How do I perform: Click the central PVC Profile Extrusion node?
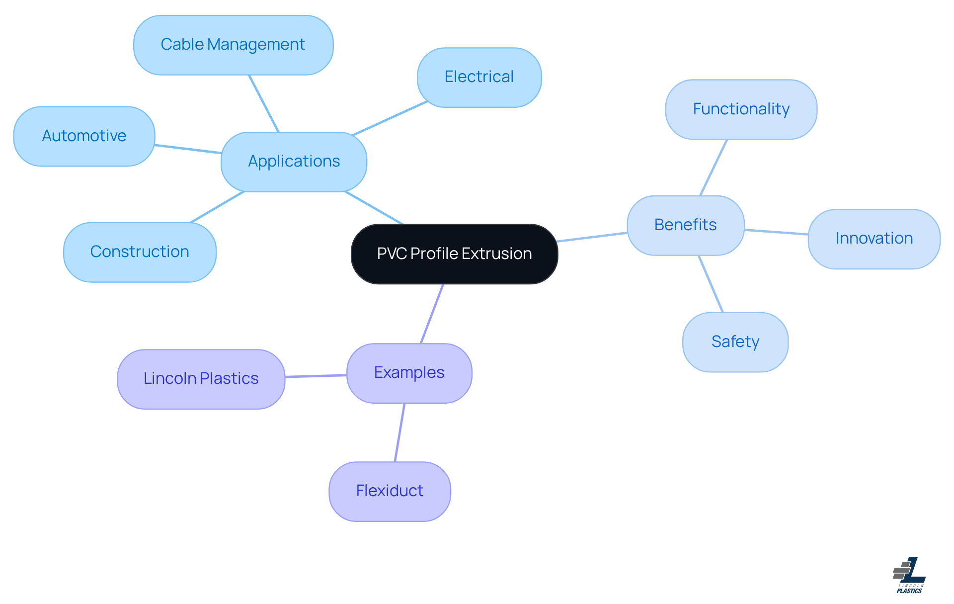point(454,254)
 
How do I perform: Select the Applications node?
point(294,162)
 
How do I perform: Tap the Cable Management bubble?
point(233,45)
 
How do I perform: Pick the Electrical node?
point(479,77)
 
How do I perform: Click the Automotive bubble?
point(84,136)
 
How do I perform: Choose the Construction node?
point(140,252)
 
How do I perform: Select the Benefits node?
point(685,225)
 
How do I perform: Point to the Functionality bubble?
point(741,109)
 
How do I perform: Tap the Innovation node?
point(874,239)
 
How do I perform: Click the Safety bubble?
point(735,342)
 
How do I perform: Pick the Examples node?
point(409,373)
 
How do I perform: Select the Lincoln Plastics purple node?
point(201,379)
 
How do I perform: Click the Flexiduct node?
point(390,491)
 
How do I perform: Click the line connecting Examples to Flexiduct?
point(399,432)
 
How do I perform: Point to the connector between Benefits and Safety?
point(711,284)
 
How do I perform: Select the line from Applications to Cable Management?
point(264,103)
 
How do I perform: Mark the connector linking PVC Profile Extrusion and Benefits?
point(592,237)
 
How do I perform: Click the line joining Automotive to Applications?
point(188,149)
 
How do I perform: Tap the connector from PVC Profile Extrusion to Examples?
point(432,314)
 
